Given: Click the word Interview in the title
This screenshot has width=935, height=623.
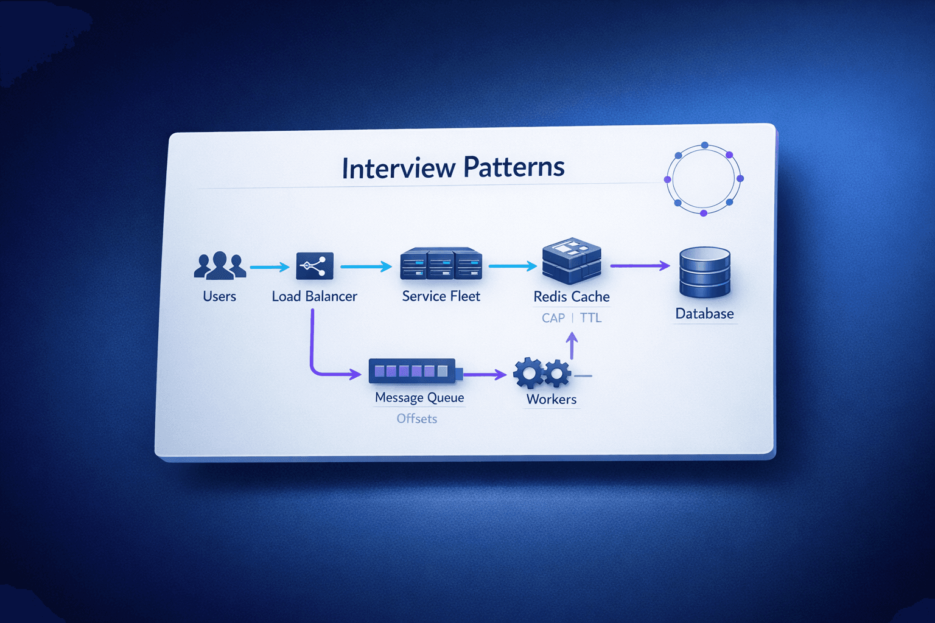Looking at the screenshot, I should tap(398, 168).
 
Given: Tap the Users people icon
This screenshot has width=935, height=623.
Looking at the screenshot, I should tap(220, 266).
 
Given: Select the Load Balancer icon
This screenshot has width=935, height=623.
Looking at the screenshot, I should tap(314, 266).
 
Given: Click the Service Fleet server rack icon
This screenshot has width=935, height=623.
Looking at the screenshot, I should tap(441, 264).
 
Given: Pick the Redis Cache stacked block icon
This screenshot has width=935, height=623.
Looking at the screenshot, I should tap(572, 262).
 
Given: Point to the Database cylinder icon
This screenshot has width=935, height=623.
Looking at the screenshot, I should tap(704, 272).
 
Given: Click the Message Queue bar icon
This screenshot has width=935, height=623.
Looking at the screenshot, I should tap(413, 371).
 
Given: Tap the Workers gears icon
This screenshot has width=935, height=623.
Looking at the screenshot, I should tap(541, 372).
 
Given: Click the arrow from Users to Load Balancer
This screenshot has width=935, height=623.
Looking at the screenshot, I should tap(269, 266).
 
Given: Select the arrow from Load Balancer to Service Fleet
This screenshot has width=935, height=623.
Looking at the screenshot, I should tap(365, 266).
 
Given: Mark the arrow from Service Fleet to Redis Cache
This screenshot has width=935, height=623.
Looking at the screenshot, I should tap(512, 266).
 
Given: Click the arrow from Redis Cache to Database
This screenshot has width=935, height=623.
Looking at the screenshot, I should tap(639, 266).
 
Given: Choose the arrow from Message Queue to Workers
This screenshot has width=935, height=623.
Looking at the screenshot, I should tap(485, 375).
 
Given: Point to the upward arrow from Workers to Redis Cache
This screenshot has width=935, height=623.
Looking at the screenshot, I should tap(572, 346).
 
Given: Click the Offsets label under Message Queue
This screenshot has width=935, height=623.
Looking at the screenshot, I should tap(416, 419).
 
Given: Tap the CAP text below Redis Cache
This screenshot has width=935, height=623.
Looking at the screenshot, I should tap(553, 318).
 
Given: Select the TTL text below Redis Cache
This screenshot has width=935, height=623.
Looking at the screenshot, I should tap(590, 318).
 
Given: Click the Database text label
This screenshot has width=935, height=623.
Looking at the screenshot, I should tap(704, 314).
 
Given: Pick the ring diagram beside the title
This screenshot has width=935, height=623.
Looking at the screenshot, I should tap(704, 179).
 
